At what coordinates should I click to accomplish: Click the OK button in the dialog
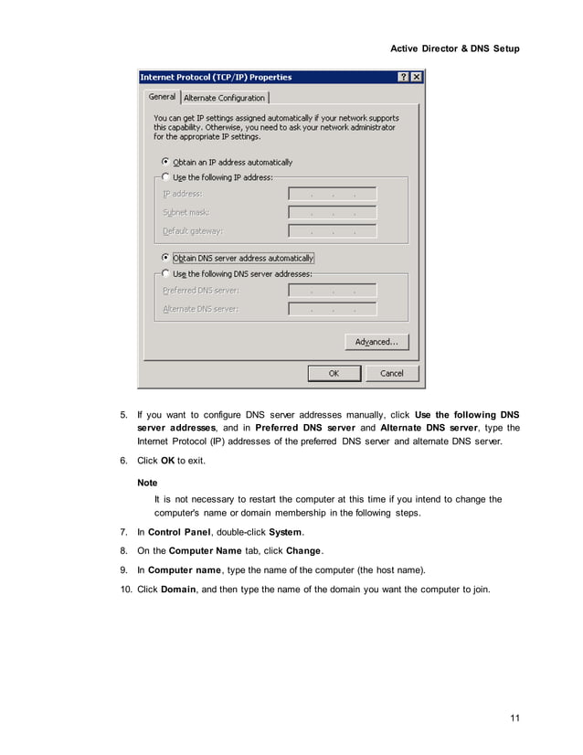point(334,373)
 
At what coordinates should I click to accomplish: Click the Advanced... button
point(376,342)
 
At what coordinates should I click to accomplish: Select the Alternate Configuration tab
point(225,98)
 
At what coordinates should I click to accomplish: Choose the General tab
point(162,97)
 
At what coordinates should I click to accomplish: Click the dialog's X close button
point(417,78)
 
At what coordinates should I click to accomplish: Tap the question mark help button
point(403,78)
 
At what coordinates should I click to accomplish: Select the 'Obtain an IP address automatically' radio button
point(165,162)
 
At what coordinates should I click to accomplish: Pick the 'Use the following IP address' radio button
point(165,177)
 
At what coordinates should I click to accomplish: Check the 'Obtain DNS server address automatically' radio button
point(165,258)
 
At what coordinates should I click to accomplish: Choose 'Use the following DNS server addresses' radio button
point(165,273)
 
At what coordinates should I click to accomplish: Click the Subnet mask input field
point(333,213)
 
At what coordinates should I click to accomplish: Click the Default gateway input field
point(333,231)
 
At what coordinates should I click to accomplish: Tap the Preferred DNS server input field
point(333,291)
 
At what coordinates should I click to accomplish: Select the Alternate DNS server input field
point(333,309)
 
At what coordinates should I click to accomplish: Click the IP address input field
point(333,194)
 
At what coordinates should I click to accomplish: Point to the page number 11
point(514,718)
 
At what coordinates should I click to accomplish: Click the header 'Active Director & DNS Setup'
point(454,48)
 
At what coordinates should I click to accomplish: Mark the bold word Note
point(146,482)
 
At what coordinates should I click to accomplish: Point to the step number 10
point(126,589)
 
